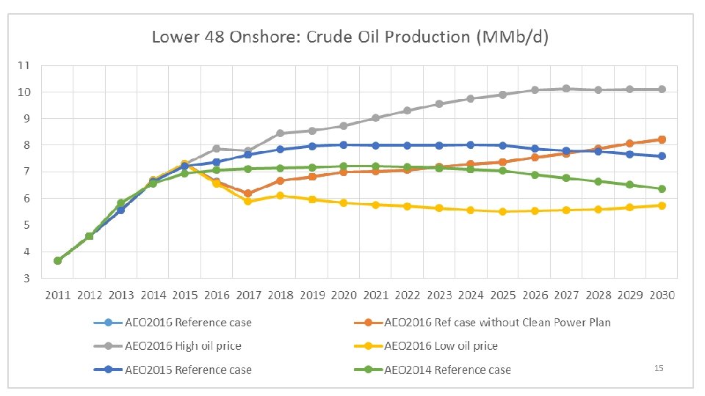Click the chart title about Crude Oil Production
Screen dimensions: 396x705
[x=350, y=37]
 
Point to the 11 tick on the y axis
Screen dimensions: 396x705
[x=24, y=65]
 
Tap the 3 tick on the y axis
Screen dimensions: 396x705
[x=26, y=279]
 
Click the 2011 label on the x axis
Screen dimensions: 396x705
[x=57, y=296]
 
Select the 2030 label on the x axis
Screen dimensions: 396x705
[x=661, y=296]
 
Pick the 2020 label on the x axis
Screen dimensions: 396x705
[x=344, y=296]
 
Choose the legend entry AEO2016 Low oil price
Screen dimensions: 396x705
[x=441, y=345]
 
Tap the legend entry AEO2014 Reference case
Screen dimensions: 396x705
[x=447, y=370]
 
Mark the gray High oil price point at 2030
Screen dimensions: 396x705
[x=661, y=89]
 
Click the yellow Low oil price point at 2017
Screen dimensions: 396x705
[x=248, y=201]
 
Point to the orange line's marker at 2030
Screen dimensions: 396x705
[x=661, y=139]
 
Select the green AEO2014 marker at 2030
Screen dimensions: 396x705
[x=661, y=188]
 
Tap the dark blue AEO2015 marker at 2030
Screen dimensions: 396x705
[x=661, y=156]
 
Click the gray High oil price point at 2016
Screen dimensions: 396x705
[x=217, y=149]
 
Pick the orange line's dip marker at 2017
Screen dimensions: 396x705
[x=248, y=194]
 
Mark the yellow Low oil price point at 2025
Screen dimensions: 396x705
[x=502, y=211]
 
